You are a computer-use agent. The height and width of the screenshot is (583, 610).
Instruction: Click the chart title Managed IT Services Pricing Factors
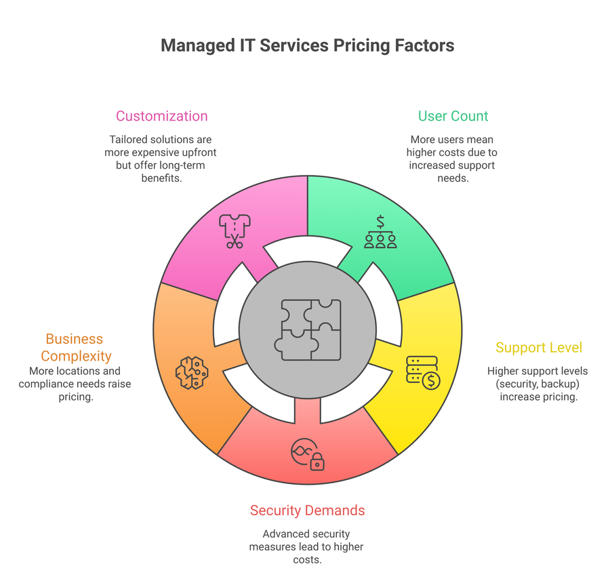point(307,46)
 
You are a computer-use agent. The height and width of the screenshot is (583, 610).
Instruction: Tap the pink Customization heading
point(161,116)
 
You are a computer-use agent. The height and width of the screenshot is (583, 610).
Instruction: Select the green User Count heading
point(453,116)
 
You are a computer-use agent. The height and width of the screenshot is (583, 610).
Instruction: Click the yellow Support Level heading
point(538,348)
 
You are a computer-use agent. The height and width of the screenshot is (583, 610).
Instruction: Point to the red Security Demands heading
point(307,510)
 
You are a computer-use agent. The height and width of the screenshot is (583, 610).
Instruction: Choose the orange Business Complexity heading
point(75,347)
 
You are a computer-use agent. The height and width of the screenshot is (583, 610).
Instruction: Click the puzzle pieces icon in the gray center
point(308,329)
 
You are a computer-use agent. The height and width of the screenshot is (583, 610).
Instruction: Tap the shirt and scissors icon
point(235,231)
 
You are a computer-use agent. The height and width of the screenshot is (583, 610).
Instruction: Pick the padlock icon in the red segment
point(317,462)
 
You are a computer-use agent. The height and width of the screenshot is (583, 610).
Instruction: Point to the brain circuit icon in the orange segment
point(192,372)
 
